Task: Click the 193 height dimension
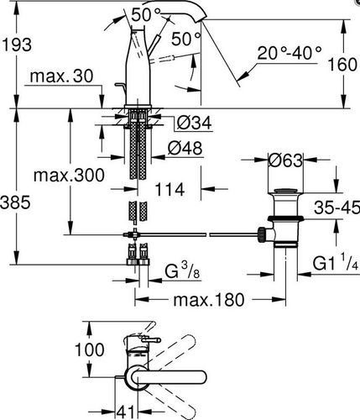[x=17, y=45]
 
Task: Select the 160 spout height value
[x=342, y=65]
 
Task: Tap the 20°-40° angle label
[x=290, y=53]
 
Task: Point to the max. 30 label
[x=61, y=76]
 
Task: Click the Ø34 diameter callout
[x=194, y=123]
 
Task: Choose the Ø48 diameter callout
[x=185, y=148]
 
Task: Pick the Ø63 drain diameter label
[x=285, y=160]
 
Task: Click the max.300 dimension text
[x=69, y=176]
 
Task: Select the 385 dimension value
[x=15, y=202]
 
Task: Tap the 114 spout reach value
[x=170, y=189]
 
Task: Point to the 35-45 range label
[x=337, y=207]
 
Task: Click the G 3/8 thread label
[x=182, y=271]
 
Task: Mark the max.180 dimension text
[x=209, y=300]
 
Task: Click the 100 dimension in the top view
[x=90, y=349]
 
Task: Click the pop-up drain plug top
[x=285, y=192]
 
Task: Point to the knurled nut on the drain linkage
[x=262, y=234]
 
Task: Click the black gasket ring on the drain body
[x=285, y=218]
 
